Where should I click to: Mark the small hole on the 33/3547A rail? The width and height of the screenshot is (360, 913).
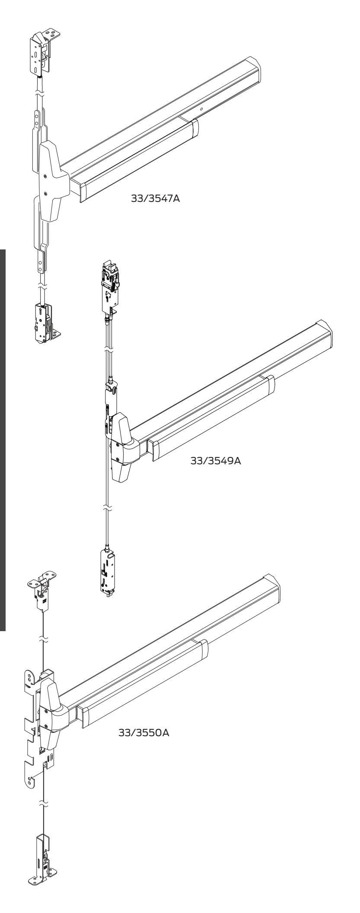click(202, 109)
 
